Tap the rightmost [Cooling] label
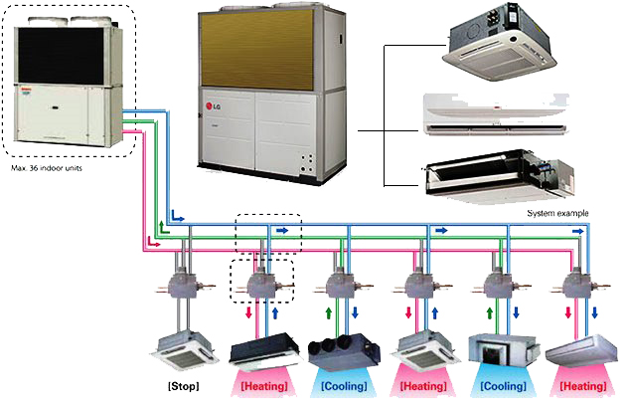coord(503,383)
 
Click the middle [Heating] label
coord(421,383)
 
